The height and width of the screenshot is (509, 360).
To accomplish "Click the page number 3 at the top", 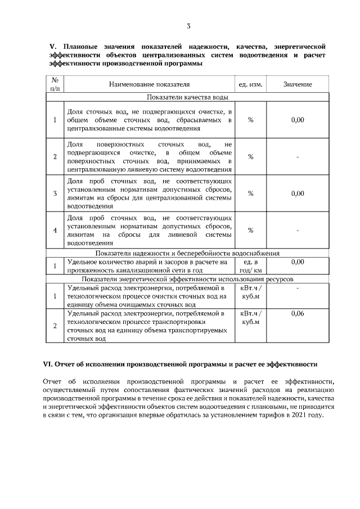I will tap(189, 26).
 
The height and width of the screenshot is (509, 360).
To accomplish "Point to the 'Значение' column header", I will tap(298, 84).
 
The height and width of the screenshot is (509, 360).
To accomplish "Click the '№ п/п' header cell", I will tap(54, 84).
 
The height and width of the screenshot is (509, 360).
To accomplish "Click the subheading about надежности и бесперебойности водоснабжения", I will tap(188, 254).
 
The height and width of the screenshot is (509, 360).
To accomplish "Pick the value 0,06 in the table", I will tap(298, 313).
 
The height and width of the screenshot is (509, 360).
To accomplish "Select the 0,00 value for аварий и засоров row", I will tap(298, 262).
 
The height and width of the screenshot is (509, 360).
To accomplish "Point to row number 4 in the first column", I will tap(55, 230).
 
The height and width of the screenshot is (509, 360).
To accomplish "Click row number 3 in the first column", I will tap(55, 193).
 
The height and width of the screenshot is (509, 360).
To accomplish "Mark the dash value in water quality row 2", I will tap(298, 157).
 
